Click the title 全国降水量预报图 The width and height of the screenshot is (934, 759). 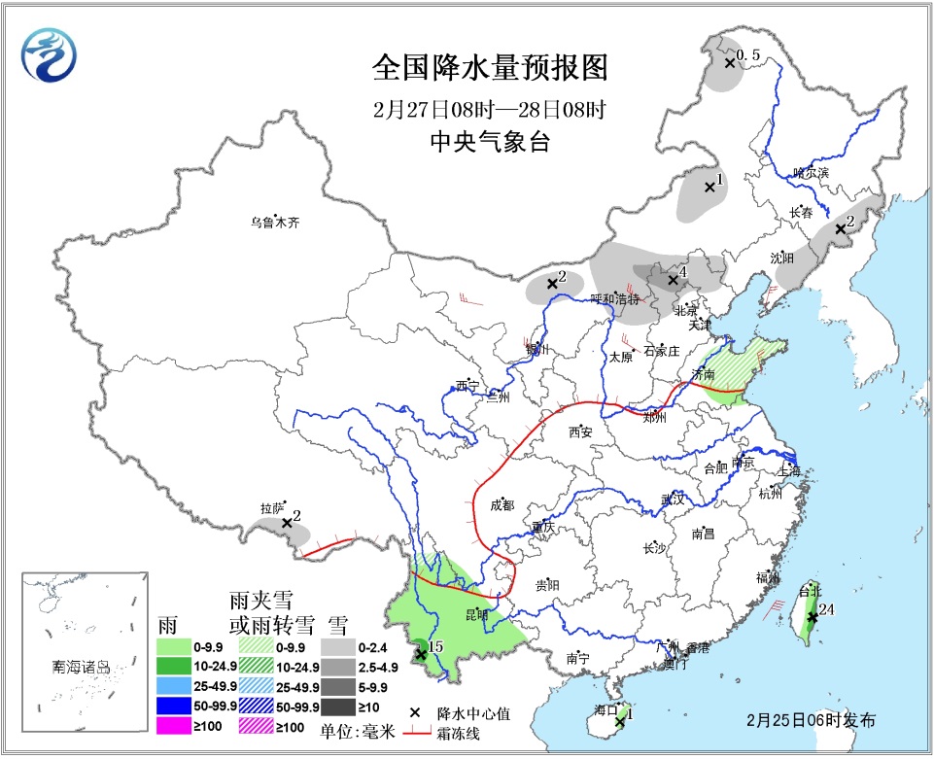coord(490,68)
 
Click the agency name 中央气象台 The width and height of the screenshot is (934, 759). coord(490,142)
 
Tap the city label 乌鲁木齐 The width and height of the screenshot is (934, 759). coord(275,223)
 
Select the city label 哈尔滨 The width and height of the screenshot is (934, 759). coord(811,172)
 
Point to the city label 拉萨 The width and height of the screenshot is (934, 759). coord(272,507)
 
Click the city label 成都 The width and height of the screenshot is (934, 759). coord(502,505)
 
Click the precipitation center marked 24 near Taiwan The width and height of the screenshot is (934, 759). coord(813,616)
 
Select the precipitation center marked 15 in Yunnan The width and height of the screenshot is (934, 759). coord(421,654)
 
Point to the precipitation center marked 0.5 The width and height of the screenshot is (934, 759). coord(729,63)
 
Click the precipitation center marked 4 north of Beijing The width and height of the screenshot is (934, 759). coord(673,280)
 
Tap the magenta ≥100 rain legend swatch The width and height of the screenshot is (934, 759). coord(186,726)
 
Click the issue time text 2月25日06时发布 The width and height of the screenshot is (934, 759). coord(812,720)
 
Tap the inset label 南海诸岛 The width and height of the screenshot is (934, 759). coord(82,668)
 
